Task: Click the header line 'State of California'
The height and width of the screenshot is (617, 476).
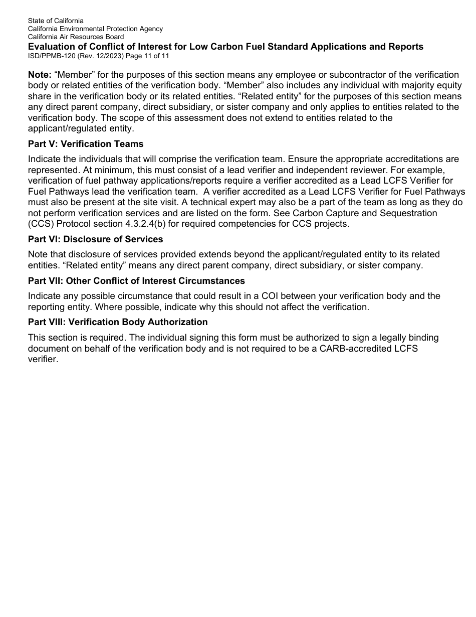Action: pyautogui.click(x=56, y=21)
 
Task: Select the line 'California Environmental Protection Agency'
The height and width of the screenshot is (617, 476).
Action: pyautogui.click(x=95, y=29)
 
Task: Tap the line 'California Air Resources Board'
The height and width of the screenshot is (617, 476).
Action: pyautogui.click(x=76, y=37)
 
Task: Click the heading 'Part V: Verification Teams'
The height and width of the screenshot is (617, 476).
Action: pyautogui.click(x=86, y=144)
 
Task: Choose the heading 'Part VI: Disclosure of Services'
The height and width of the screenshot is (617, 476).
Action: pyautogui.click(x=95, y=239)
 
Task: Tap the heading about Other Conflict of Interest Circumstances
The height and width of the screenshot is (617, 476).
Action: pyautogui.click(x=136, y=281)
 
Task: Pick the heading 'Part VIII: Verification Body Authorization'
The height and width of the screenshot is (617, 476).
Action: pyautogui.click(x=118, y=322)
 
